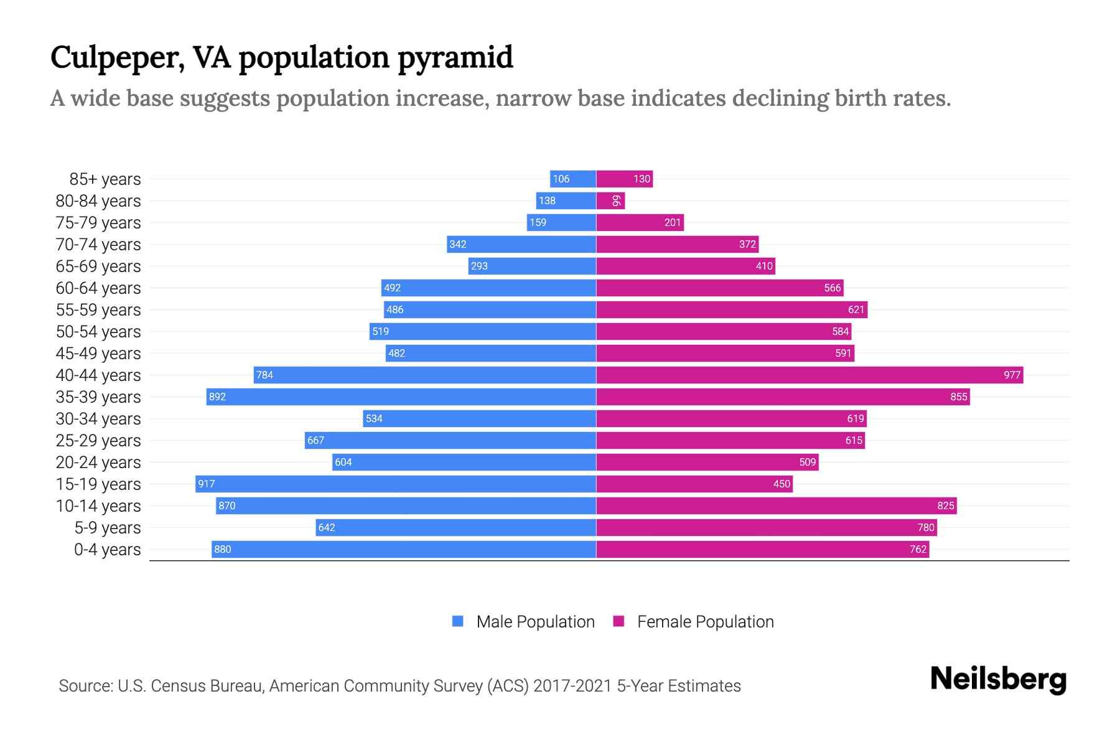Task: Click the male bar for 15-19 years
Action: click(x=396, y=484)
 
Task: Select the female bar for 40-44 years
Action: click(x=809, y=375)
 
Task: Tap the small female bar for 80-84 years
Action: click(x=610, y=200)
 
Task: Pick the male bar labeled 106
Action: click(x=573, y=179)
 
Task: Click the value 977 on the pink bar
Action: click(x=1012, y=375)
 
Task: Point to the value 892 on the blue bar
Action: click(x=217, y=397)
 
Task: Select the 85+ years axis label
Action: click(x=105, y=179)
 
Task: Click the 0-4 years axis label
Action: click(x=107, y=550)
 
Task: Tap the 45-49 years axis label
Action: click(x=98, y=354)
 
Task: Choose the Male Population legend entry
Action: click(x=534, y=621)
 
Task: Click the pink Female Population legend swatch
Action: click(x=618, y=621)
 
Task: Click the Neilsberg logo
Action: click(x=998, y=679)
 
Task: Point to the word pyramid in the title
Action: click(x=455, y=58)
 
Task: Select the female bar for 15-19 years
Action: click(x=694, y=484)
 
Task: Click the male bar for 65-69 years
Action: click(x=532, y=266)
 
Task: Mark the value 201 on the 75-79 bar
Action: click(x=672, y=222)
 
